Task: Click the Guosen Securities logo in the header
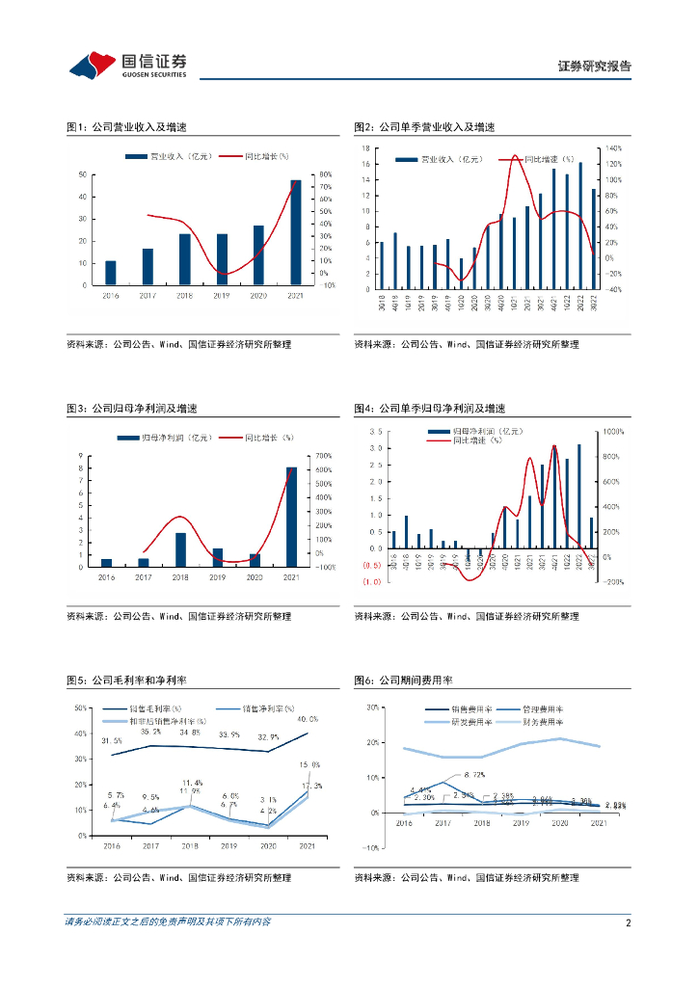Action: pos(128,65)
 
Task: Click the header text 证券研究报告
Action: pos(594,67)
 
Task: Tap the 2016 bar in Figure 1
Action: pos(111,273)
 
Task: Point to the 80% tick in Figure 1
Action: pos(327,174)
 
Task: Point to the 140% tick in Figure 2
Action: pos(614,148)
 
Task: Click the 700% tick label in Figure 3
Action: pos(323,455)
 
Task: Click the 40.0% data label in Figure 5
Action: pos(308,719)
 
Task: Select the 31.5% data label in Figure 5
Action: pos(111,740)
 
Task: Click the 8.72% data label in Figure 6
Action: pos(473,774)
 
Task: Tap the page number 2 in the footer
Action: pos(628,922)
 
